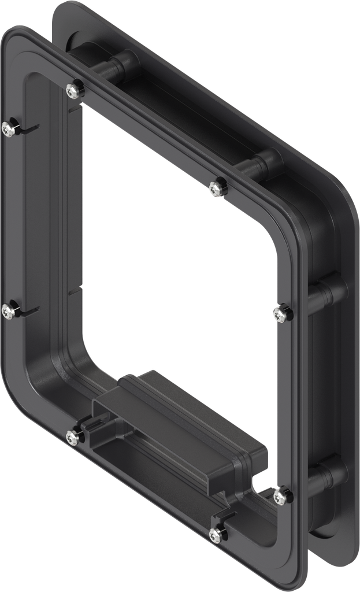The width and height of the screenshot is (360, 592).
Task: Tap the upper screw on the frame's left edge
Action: (x=9, y=129)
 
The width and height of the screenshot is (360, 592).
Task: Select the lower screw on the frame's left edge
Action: (x=9, y=312)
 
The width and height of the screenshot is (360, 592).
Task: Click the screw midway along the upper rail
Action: (x=217, y=188)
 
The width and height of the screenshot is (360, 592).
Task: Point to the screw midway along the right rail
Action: (x=280, y=313)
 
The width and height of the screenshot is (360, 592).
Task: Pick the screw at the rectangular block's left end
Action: (x=73, y=437)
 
